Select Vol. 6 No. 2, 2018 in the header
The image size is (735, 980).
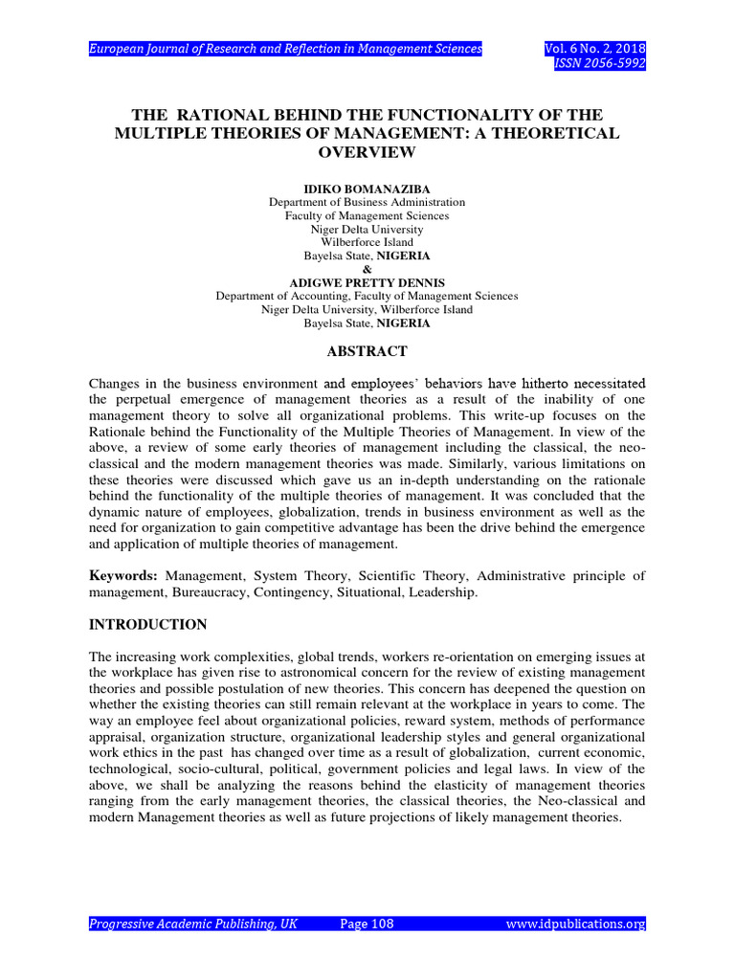594,48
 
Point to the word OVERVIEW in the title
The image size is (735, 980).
367,152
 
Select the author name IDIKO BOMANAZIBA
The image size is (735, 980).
367,189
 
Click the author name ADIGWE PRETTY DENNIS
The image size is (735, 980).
367,283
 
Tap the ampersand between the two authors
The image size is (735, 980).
367,270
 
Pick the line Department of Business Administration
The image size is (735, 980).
367,203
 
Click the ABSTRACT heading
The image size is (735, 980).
367,351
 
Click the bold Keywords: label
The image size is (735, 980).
123,575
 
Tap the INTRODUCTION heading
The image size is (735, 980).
147,625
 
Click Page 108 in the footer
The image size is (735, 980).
367,924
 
